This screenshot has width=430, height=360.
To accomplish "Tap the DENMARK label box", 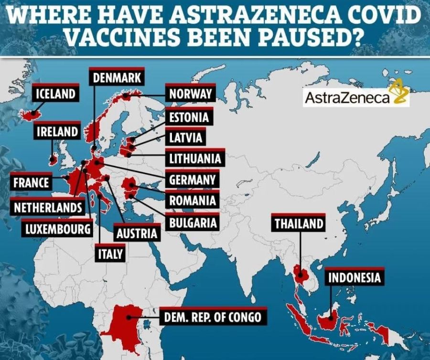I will [117, 77].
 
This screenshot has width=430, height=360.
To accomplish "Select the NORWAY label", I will [190, 94].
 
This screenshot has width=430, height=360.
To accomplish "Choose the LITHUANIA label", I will [195, 158].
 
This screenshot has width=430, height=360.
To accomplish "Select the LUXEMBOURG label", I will [58, 229].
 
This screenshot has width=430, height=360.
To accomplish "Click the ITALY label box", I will [111, 254].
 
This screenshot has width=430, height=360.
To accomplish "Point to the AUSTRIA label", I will [137, 233].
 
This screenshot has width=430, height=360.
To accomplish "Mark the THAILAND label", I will [299, 224].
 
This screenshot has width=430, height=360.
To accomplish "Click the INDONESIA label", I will [354, 277].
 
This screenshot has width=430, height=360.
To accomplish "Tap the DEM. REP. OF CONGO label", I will [212, 316].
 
